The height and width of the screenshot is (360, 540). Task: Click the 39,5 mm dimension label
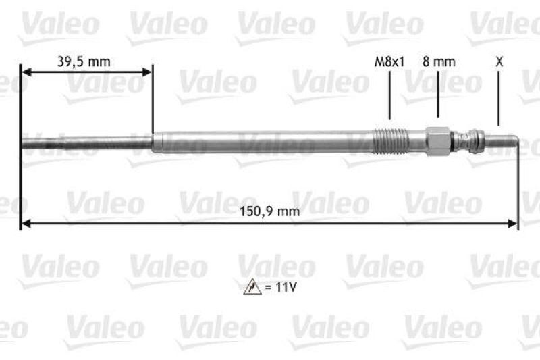[83, 61]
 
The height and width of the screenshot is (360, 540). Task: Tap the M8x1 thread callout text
[389, 61]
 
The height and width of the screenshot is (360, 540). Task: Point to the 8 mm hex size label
[439, 61]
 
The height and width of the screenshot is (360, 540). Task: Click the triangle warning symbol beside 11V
[250, 287]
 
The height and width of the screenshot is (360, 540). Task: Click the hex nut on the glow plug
[438, 140]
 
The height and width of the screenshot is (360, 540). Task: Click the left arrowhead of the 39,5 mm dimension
[26, 70]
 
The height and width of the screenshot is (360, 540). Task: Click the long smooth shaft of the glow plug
[263, 141]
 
